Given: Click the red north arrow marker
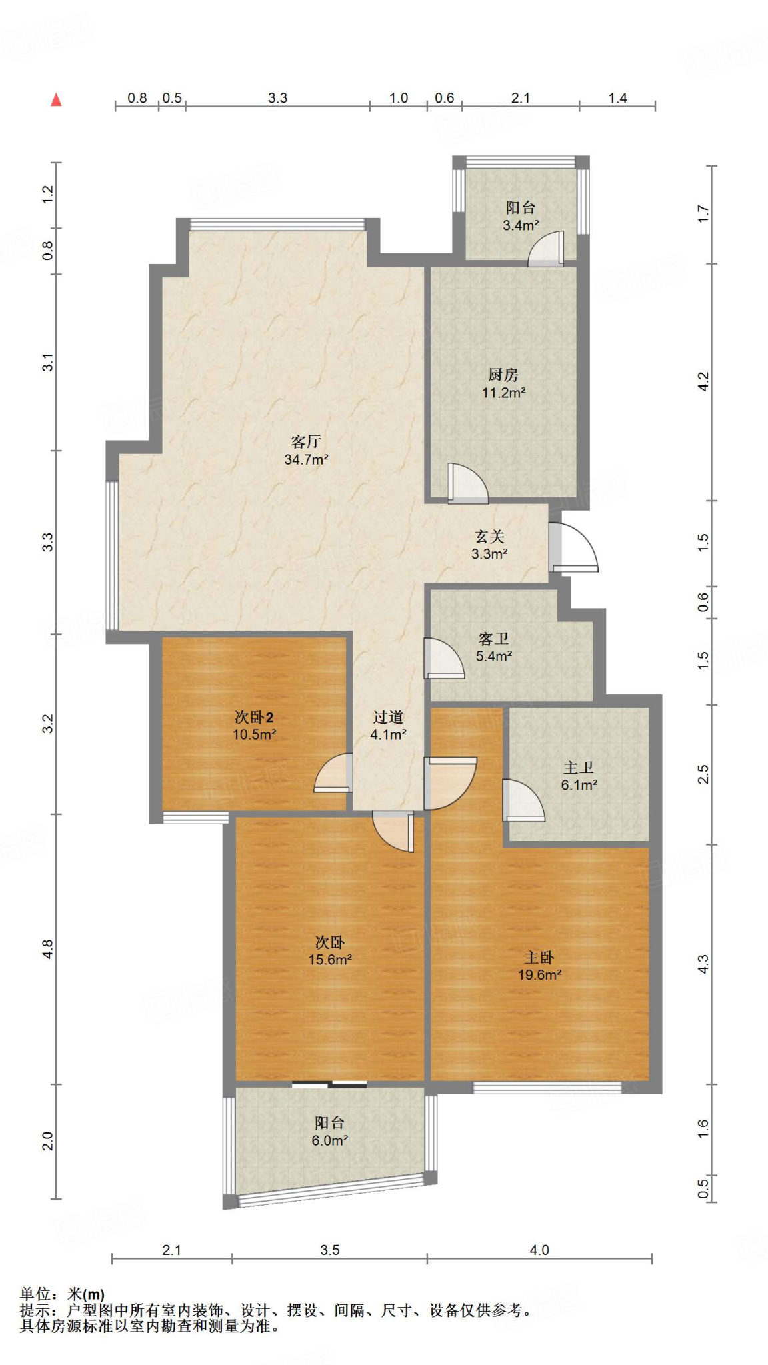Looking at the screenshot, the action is [x=57, y=99].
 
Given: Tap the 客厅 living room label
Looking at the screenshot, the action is [x=306, y=441].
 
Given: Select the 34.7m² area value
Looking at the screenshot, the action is [x=306, y=459].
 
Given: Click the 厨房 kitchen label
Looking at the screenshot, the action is [x=503, y=375].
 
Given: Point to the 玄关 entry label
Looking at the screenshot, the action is [x=489, y=537].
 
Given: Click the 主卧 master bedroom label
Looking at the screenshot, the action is [x=539, y=958].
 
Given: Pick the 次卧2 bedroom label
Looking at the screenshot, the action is [x=254, y=717].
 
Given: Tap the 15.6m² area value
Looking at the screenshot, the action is [x=330, y=960].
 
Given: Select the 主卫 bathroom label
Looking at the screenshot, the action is [x=579, y=768].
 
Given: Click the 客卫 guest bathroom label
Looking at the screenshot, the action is [x=493, y=639].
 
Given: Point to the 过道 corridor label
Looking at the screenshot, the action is [x=388, y=717].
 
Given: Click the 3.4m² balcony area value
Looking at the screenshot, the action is [x=521, y=225].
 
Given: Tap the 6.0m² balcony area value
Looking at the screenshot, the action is [x=330, y=1140].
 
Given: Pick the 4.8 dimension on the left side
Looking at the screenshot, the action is [x=47, y=949].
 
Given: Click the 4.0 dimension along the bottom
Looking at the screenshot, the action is [x=539, y=1250].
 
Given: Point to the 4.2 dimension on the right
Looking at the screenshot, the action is [x=703, y=381].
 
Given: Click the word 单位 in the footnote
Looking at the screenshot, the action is [x=35, y=1294].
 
